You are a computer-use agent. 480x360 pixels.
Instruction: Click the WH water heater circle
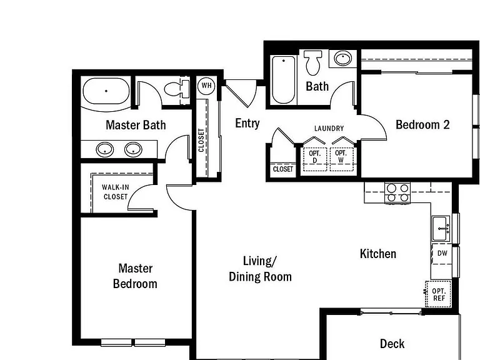tap(206, 86)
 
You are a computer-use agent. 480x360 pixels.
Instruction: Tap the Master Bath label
tap(136, 125)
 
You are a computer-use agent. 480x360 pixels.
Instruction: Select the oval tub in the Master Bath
tap(106, 91)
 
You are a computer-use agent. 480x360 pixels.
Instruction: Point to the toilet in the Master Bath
tap(177, 89)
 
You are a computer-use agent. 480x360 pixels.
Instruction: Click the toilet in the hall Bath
tap(313, 62)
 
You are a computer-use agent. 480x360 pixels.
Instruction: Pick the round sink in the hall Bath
tap(343, 58)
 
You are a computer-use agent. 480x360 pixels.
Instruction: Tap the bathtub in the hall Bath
tap(284, 79)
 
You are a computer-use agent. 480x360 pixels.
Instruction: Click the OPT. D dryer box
tap(315, 159)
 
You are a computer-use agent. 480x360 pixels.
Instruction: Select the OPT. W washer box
tap(341, 159)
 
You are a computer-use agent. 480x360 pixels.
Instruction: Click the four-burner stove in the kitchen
tap(397, 192)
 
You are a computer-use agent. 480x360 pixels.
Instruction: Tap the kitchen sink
tap(441, 228)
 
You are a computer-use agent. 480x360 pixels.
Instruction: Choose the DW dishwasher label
tap(442, 253)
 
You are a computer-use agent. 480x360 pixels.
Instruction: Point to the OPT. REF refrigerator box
tap(438, 294)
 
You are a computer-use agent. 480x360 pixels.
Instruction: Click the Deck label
tap(392, 344)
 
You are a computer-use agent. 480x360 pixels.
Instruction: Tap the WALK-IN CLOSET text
tap(116, 192)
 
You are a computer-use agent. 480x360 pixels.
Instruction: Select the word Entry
tap(247, 123)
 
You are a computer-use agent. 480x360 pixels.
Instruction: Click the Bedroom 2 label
tap(422, 124)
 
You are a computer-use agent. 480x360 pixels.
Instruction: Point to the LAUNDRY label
tap(329, 128)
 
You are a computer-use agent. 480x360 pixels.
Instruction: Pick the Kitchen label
tap(378, 254)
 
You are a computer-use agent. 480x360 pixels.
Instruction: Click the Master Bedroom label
tap(135, 276)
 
